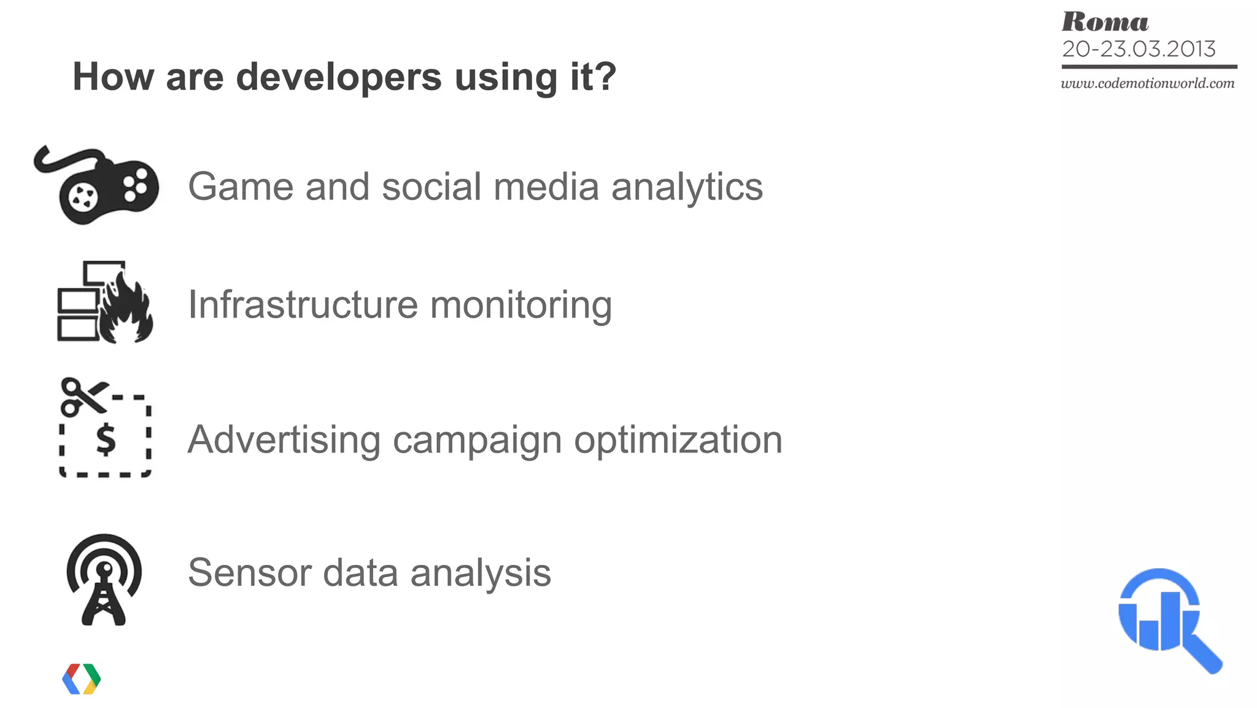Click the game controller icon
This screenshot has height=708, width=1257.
click(98, 186)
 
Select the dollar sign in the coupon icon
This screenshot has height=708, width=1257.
click(106, 440)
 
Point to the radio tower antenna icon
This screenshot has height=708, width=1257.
click(104, 580)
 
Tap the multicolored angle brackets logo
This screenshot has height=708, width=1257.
click(82, 679)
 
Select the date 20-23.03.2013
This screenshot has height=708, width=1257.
click(1139, 49)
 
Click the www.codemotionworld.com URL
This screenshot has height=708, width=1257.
click(1148, 84)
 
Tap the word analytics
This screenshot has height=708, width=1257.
click(687, 187)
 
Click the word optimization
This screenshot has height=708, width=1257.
click(678, 440)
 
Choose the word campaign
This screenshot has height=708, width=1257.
click(477, 440)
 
